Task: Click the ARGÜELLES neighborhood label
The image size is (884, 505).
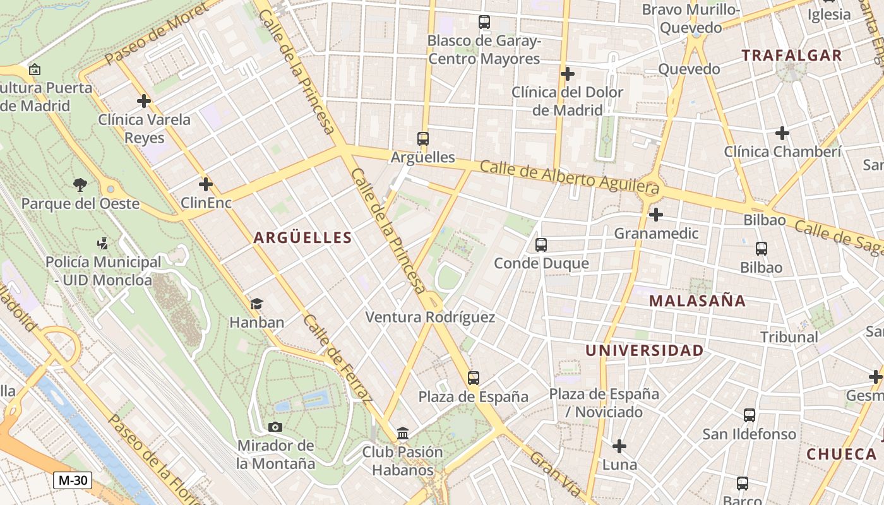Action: tap(302, 238)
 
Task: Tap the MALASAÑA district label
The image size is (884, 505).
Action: tap(697, 301)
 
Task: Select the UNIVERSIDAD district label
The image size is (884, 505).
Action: tap(644, 351)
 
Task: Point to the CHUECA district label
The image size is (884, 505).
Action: tap(842, 454)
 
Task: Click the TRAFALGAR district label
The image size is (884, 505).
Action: tap(792, 56)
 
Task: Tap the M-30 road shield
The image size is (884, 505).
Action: tap(73, 480)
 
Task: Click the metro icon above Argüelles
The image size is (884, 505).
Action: tap(423, 139)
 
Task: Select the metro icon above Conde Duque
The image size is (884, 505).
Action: tap(541, 245)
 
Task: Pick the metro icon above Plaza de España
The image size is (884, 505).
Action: tap(474, 378)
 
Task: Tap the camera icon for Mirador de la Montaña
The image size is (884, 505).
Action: tap(275, 427)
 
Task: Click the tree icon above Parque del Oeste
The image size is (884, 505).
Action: tap(80, 185)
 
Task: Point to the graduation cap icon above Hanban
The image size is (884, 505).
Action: tap(256, 304)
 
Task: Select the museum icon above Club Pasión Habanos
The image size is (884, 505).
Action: tap(403, 434)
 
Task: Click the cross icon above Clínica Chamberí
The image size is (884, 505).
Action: tap(782, 133)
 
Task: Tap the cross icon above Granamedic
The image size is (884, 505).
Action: tap(656, 215)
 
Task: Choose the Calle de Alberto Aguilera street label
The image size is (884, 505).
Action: tap(570, 177)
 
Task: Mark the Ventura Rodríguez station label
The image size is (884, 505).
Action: tap(430, 317)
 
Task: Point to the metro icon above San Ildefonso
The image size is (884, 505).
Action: tap(750, 415)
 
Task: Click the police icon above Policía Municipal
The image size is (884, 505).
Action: tap(102, 243)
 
